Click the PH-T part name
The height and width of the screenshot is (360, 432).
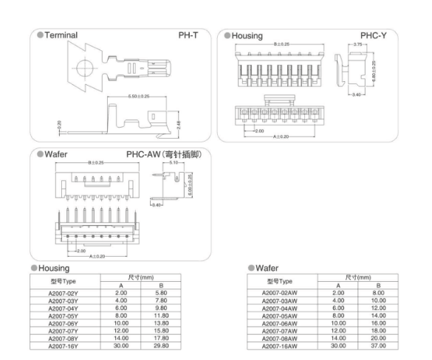click(x=188, y=35)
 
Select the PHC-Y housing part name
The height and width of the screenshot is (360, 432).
click(x=374, y=35)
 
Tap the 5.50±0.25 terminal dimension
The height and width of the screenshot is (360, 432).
click(x=139, y=97)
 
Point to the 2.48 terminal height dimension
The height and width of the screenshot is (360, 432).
click(x=179, y=125)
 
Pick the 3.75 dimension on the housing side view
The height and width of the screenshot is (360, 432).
click(x=357, y=44)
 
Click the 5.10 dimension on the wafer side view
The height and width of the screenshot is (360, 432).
click(x=174, y=162)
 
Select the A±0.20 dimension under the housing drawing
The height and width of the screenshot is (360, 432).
click(x=281, y=136)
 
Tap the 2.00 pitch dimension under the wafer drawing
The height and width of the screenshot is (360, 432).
click(x=81, y=251)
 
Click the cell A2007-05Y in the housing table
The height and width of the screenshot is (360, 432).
click(x=63, y=316)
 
